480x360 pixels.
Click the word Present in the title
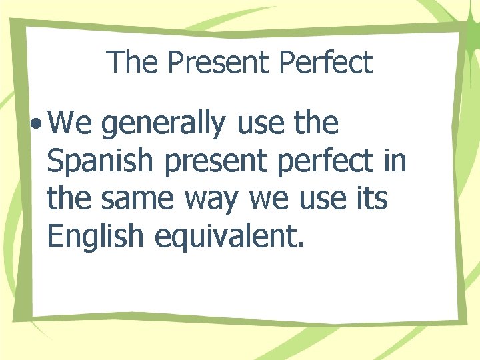(219, 63)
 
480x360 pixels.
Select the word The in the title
(133, 63)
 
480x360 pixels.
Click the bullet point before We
(37, 125)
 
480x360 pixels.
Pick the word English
(96, 237)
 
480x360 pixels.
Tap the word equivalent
(229, 237)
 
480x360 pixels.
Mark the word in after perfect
(395, 162)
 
